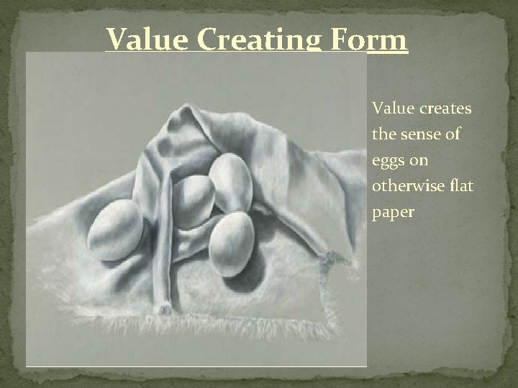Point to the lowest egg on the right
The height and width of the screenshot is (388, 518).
click(232, 237)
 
